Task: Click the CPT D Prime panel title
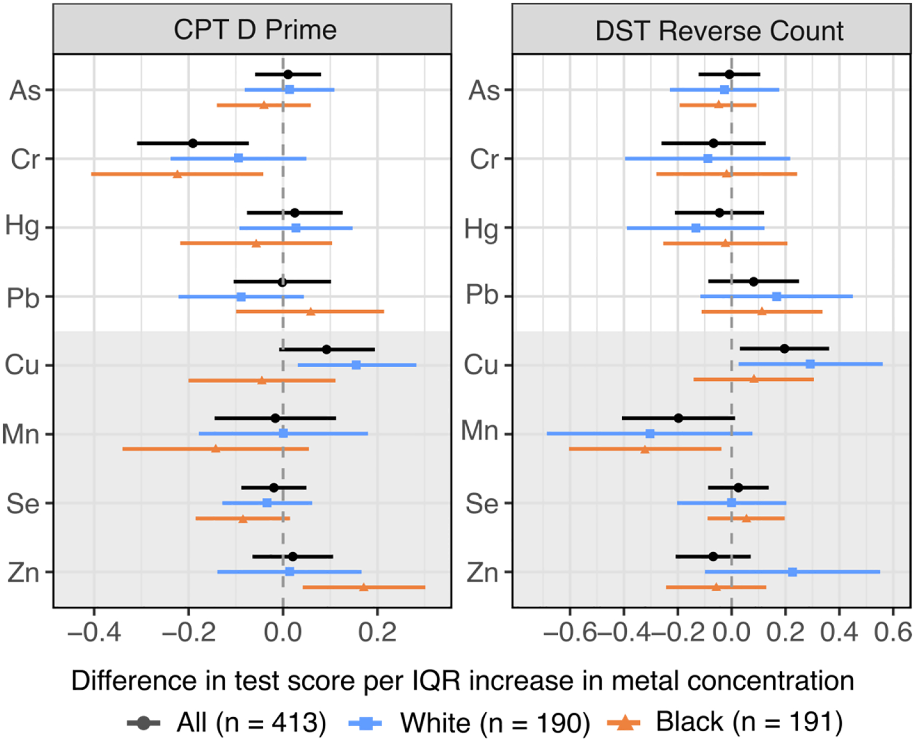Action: click(255, 29)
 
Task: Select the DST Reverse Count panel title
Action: click(719, 30)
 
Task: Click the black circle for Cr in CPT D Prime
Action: click(193, 143)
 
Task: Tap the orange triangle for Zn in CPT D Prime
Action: click(363, 587)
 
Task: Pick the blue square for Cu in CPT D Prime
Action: click(356, 365)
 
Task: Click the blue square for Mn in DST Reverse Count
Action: click(650, 434)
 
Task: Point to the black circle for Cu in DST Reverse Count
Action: click(784, 348)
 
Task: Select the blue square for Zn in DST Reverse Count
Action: click(792, 572)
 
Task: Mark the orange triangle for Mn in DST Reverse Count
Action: click(645, 449)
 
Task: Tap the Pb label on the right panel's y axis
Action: click(482, 295)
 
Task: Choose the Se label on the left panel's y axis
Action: click(23, 503)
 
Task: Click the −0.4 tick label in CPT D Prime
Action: click(94, 632)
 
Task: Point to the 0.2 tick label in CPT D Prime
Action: click(377, 632)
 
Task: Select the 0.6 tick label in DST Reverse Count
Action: click(893, 632)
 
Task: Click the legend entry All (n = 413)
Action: click(251, 722)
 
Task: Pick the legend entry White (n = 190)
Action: click(495, 722)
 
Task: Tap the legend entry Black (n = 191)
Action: click(749, 722)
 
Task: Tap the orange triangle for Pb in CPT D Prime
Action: click(311, 311)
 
